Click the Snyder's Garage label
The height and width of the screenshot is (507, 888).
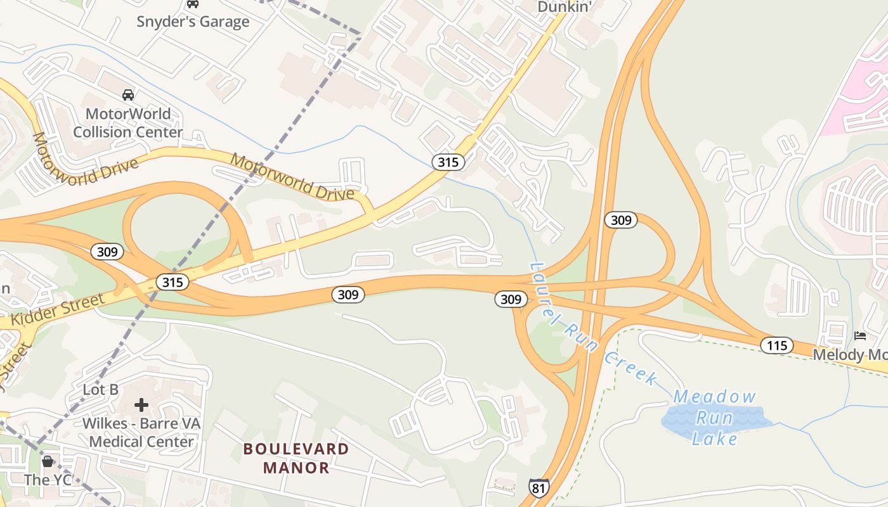point(193,22)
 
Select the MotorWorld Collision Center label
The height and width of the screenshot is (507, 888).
point(128,123)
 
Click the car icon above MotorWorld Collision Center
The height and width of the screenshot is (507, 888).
point(128,95)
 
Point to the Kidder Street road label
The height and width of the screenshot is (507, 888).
point(57,310)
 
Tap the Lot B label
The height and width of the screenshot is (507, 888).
point(101,389)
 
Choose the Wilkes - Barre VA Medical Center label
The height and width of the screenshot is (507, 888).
point(141,432)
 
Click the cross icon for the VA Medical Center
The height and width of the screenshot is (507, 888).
point(141,404)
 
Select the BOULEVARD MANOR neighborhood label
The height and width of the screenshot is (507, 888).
point(296,458)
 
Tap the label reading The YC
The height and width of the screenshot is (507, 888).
point(48,480)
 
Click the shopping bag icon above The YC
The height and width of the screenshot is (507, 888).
point(48,461)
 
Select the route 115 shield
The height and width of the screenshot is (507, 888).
point(776,345)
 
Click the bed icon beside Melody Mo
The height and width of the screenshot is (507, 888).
point(860,335)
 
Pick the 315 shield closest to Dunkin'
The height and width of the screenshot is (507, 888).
point(448,162)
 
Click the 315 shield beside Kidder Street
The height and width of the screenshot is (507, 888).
point(173,282)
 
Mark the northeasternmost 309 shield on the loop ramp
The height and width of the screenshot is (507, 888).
point(620,220)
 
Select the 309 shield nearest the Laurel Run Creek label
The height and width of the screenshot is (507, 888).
point(511,299)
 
